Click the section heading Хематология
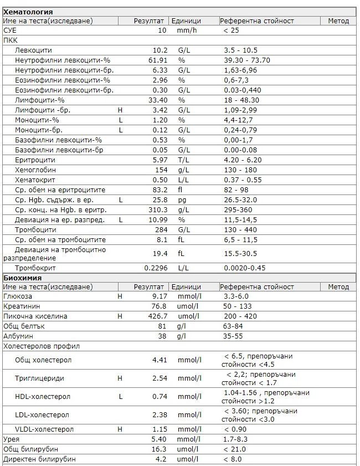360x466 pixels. click(x=28, y=12)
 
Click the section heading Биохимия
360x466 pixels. click(x=23, y=278)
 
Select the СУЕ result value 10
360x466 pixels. click(x=162, y=30)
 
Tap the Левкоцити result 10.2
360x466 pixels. click(x=160, y=50)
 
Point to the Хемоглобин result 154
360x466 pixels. click(x=161, y=170)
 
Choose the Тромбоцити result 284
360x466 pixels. click(x=161, y=229)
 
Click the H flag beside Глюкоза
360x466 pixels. click(x=120, y=296)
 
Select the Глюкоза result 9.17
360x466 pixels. click(x=160, y=296)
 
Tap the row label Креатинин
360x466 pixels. click(x=19, y=306)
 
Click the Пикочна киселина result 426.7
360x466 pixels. click(x=156, y=316)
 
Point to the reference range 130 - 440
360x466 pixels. click(x=240, y=229)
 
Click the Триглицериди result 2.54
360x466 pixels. click(x=160, y=378)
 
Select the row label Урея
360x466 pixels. click(x=11, y=439)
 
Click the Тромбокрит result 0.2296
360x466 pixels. click(x=155, y=268)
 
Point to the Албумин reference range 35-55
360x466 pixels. click(x=233, y=336)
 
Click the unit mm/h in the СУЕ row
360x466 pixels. click(x=187, y=30)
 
